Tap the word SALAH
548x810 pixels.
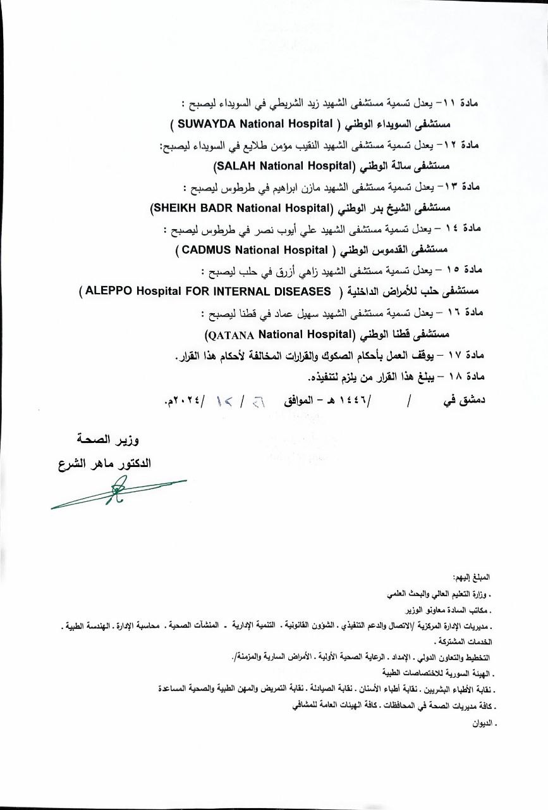[234, 166]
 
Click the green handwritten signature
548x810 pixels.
[118, 492]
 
